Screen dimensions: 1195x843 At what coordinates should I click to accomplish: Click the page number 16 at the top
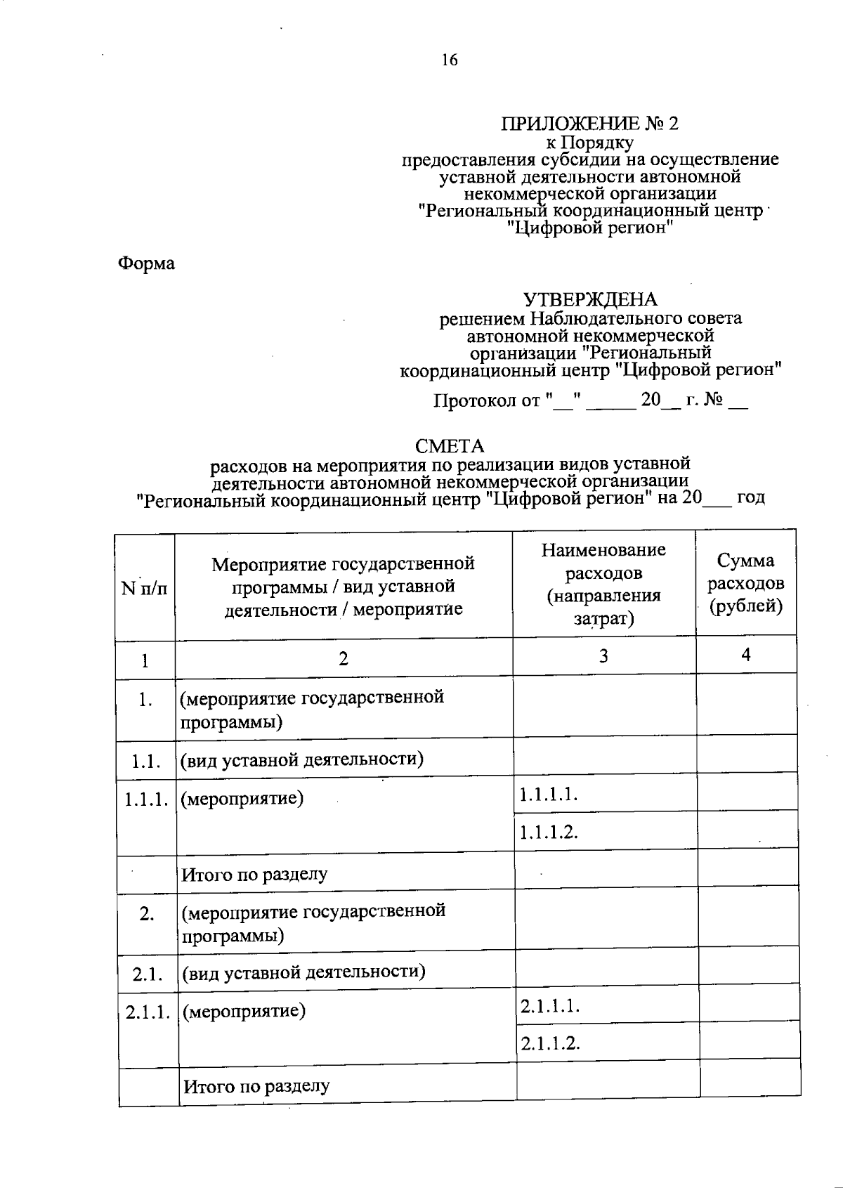pos(450,60)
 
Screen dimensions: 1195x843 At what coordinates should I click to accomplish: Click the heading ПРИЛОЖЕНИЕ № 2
pos(589,124)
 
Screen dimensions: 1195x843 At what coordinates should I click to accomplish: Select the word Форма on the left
pos(146,263)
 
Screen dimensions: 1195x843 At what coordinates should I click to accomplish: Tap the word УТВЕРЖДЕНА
pos(590,300)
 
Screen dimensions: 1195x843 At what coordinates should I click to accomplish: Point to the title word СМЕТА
pos(450,446)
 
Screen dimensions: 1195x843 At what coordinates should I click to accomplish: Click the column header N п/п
pos(145,588)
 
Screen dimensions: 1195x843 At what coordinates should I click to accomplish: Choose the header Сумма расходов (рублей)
pos(745,583)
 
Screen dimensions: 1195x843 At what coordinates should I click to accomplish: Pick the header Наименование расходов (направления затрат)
pos(603,584)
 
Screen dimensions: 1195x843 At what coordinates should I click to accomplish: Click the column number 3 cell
pos(603,656)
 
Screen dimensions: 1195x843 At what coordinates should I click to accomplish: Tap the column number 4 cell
pos(746,655)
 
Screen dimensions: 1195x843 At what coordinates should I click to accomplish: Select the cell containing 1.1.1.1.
pos(549,795)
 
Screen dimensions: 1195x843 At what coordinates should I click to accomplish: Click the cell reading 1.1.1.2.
pos(549,832)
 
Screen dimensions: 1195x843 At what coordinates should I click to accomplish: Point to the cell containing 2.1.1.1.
pos(550,1006)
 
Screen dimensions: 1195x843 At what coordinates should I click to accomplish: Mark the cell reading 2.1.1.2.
pos(550,1043)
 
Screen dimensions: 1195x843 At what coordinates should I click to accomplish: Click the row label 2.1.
pos(148,974)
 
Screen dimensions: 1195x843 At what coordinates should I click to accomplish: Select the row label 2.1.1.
pos(148,1012)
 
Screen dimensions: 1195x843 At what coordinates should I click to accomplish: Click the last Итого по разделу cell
pos(256,1087)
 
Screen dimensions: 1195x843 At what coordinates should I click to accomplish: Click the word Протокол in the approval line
pos(476,401)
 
